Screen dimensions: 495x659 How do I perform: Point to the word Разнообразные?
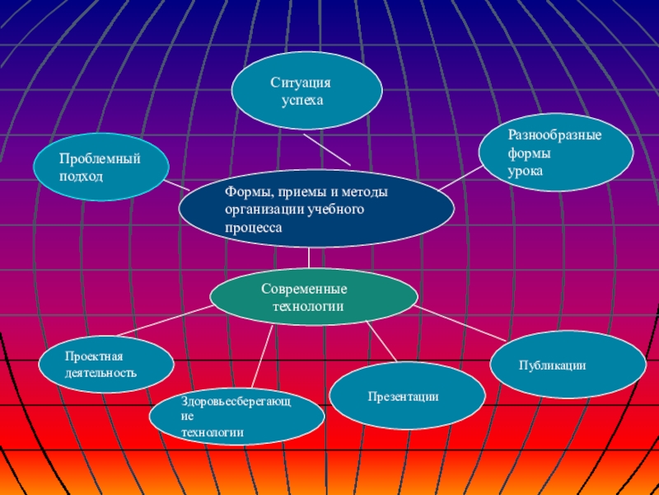tap(554, 135)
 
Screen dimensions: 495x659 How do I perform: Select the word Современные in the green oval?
tap(304, 290)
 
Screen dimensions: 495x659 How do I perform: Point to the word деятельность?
tap(100, 373)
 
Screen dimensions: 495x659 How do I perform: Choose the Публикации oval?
tap(568, 365)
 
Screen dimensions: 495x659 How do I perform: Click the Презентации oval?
tap(407, 397)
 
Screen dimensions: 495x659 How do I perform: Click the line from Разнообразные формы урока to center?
tap(459, 179)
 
